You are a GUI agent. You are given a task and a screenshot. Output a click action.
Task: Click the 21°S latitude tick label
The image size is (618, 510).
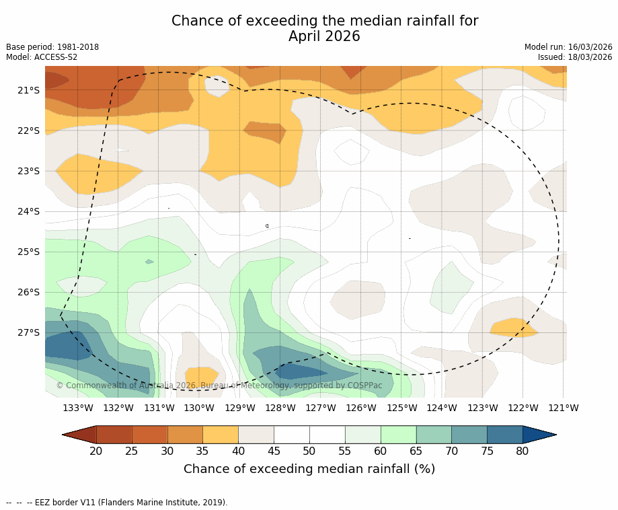point(28,90)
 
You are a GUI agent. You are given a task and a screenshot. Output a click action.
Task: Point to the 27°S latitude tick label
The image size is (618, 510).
point(28,332)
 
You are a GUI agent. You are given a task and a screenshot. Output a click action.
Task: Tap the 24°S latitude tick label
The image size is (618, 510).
point(28,211)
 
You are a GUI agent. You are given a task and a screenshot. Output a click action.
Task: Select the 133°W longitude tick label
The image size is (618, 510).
point(78,408)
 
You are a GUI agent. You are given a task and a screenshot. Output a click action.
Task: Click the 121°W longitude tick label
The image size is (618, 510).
point(564,408)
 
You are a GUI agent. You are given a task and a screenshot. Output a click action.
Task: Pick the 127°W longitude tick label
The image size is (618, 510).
point(321,408)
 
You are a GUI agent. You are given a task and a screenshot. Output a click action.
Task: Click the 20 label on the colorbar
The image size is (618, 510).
point(96,451)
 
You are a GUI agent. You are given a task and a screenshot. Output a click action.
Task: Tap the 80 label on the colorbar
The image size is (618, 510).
point(523,451)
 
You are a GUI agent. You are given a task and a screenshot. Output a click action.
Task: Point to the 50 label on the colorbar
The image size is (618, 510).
point(309,451)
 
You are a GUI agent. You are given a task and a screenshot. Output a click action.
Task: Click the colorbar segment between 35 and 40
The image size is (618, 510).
point(221,435)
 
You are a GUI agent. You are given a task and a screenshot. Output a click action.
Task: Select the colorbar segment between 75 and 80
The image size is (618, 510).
point(504,435)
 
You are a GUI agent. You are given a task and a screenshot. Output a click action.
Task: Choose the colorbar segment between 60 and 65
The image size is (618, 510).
point(398,435)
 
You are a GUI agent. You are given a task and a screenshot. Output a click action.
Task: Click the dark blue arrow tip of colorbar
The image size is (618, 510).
point(538,435)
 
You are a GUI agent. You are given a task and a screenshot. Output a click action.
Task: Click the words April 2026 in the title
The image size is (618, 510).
point(324,36)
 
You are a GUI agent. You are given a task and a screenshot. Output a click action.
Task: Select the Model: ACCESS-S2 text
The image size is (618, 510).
point(42,57)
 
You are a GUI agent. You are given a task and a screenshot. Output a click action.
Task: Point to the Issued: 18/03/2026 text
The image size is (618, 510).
point(575,57)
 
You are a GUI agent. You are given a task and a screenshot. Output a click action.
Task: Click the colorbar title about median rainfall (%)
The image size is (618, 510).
point(309,469)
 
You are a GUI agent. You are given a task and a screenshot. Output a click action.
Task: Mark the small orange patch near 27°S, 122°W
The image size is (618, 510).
point(514,328)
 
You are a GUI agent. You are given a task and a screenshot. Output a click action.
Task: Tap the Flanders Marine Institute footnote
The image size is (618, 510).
point(117,503)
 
